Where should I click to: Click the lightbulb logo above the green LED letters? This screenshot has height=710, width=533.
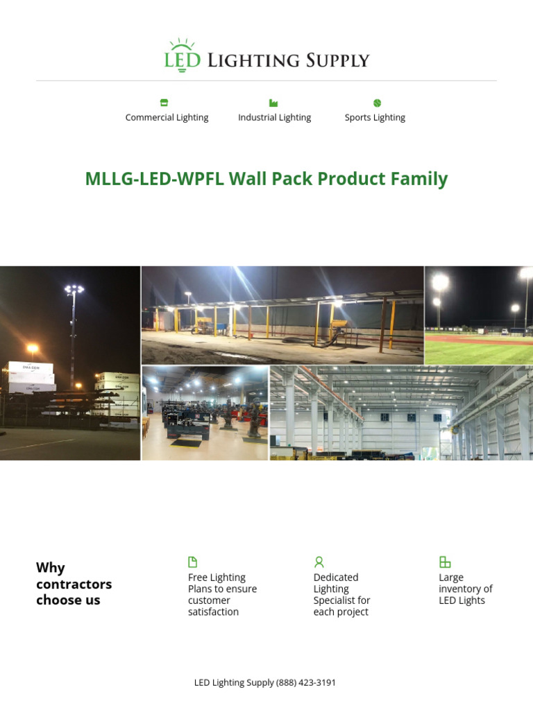[182, 45]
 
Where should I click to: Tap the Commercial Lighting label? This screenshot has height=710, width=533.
[167, 117]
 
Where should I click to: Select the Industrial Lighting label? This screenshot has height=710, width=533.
[274, 117]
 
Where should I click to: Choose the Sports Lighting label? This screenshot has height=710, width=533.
[375, 117]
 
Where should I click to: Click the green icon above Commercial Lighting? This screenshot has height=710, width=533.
[164, 103]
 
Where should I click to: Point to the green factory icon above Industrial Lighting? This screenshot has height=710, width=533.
[273, 103]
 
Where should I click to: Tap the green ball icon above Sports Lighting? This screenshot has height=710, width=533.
[377, 103]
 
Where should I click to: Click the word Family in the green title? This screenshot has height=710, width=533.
[419, 179]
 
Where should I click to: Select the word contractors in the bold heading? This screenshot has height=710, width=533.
[74, 584]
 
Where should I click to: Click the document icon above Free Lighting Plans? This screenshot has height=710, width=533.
[193, 562]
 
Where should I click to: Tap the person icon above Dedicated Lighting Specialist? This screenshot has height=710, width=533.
[319, 562]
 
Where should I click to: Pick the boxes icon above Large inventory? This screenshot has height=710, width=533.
[445, 562]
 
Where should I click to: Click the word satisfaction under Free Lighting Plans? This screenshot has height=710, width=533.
[213, 612]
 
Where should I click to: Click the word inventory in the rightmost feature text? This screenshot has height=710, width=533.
[466, 589]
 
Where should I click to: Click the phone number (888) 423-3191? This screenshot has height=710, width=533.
[306, 682]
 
